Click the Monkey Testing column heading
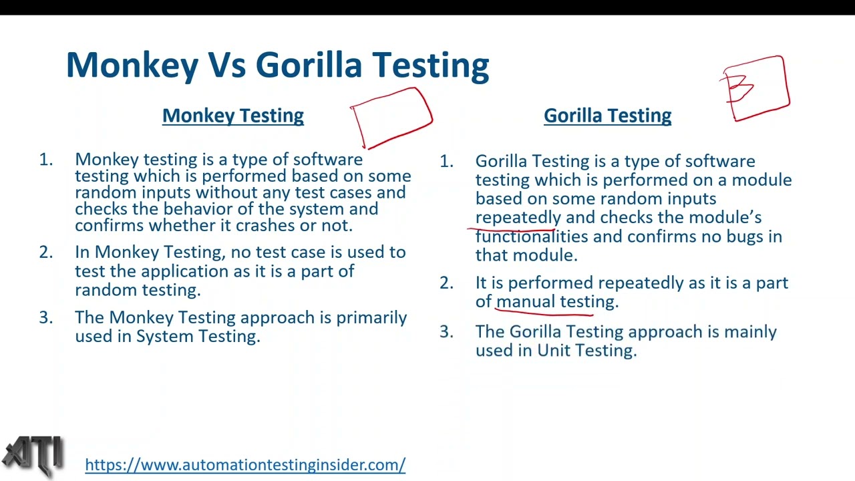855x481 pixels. tap(232, 116)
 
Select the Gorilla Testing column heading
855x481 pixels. tap(607, 116)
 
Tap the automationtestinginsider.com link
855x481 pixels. tap(245, 465)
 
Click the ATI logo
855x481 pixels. tap(33, 456)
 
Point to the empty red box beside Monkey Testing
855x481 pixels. tap(391, 118)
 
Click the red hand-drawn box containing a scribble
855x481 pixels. tap(755, 88)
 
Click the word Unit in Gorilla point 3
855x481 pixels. tap(553, 351)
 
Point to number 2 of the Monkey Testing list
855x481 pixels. tap(45, 253)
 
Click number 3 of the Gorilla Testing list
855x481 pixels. tap(446, 332)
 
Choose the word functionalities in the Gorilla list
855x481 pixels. tap(531, 236)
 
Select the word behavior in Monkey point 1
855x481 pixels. tap(196, 209)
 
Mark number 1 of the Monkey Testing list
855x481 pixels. tap(45, 160)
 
